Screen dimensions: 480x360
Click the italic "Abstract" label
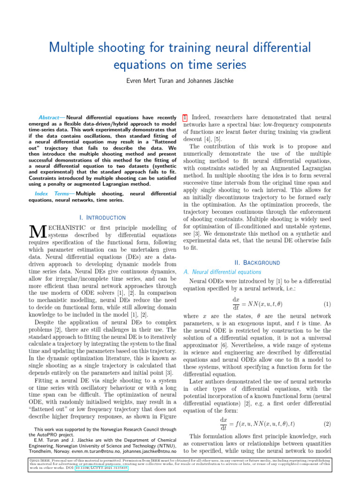pos(52,117)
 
